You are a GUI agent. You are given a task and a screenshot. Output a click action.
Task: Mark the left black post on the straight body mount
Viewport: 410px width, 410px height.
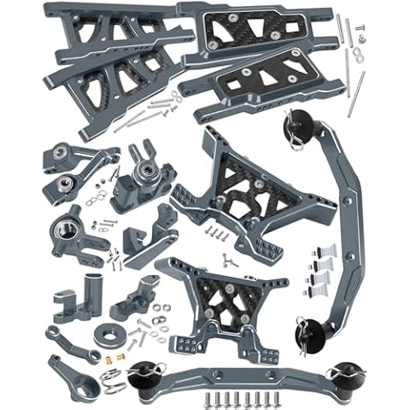point(140,372)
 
